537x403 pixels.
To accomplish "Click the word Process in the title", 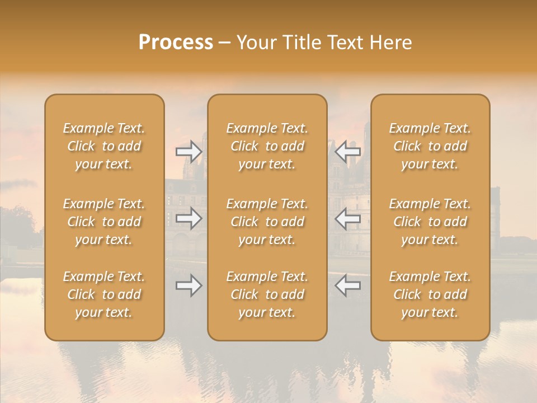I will point(176,43).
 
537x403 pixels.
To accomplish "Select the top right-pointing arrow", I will point(189,151).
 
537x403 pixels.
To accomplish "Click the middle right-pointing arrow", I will point(189,218).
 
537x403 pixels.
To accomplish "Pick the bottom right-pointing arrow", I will point(189,286).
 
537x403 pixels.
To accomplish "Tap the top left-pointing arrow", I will point(347,151).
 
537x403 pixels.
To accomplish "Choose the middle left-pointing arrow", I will point(347,218).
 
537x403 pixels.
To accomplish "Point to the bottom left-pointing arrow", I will point(347,286).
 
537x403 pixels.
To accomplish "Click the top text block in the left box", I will point(104,146).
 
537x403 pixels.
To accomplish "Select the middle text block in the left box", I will point(104,222).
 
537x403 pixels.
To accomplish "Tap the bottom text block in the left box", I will point(104,294).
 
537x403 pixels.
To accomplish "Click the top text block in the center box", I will point(267,146).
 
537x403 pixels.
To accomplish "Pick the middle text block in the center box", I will point(267,222).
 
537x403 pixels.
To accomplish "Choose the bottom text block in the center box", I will point(267,294).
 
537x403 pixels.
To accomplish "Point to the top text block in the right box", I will point(430,146).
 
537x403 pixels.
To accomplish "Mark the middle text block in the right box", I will point(430,222).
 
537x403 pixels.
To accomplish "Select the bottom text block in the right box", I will point(430,294).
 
